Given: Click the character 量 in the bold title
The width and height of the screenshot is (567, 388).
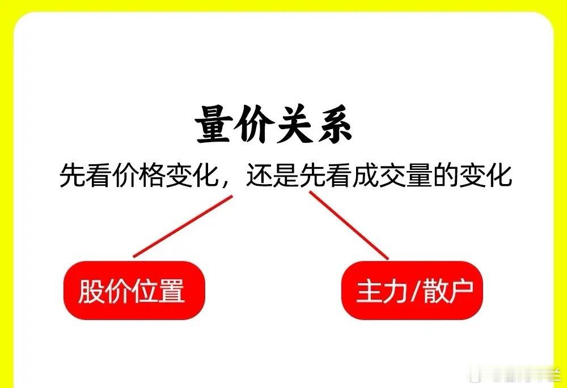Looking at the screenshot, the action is [213, 125].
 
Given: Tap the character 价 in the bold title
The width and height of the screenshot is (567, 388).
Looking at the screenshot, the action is [252, 125].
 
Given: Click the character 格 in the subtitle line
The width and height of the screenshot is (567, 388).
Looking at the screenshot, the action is [152, 176].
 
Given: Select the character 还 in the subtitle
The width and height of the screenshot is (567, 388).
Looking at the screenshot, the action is [259, 176].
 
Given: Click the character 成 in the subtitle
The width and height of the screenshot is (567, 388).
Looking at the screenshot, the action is [366, 176].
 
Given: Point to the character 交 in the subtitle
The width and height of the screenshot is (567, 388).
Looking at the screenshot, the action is [392, 176].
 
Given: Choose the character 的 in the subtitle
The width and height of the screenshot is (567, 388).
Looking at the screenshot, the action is [446, 176].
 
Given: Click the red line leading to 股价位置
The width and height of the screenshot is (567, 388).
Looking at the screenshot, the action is [183, 227].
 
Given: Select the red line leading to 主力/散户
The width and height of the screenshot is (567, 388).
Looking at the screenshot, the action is [349, 225].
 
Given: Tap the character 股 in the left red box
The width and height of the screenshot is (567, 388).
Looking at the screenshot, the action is [91, 291].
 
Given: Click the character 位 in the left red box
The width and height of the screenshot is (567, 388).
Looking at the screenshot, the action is [144, 291].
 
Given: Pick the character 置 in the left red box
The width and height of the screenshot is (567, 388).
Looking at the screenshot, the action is [171, 291].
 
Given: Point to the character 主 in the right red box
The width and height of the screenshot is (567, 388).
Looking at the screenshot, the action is [369, 291].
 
